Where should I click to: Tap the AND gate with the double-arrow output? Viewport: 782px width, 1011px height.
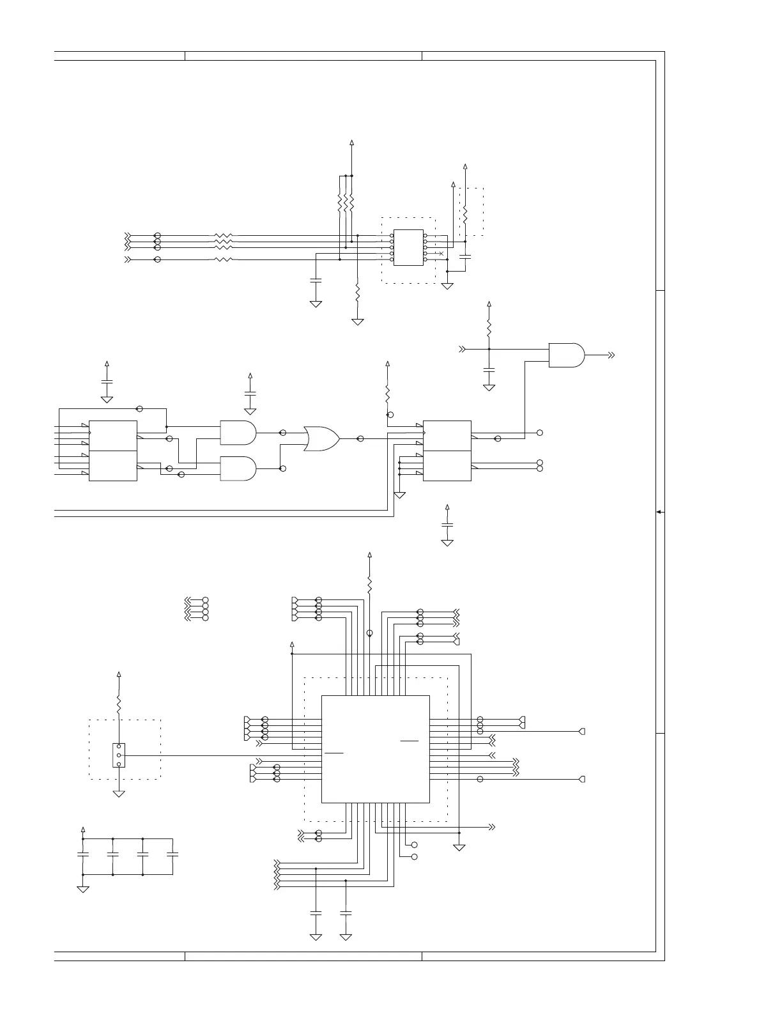[x=566, y=355]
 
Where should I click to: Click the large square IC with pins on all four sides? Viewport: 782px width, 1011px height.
[x=375, y=748]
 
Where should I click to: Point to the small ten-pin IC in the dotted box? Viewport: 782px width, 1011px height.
[x=408, y=247]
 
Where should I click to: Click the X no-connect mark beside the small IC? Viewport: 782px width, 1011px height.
[x=441, y=254]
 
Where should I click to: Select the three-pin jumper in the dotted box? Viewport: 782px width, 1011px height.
[x=119, y=755]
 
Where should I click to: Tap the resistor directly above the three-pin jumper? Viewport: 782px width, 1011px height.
[x=119, y=705]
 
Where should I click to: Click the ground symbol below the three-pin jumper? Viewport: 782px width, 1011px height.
[x=119, y=794]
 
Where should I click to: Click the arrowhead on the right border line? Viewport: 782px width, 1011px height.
[x=659, y=512]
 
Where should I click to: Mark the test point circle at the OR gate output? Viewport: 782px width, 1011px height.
[x=360, y=438]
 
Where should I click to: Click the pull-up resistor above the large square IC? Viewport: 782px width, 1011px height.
[x=369, y=583]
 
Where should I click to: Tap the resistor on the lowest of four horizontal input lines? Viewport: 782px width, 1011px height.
[x=224, y=259]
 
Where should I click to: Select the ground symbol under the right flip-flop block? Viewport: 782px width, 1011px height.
[x=400, y=495]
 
